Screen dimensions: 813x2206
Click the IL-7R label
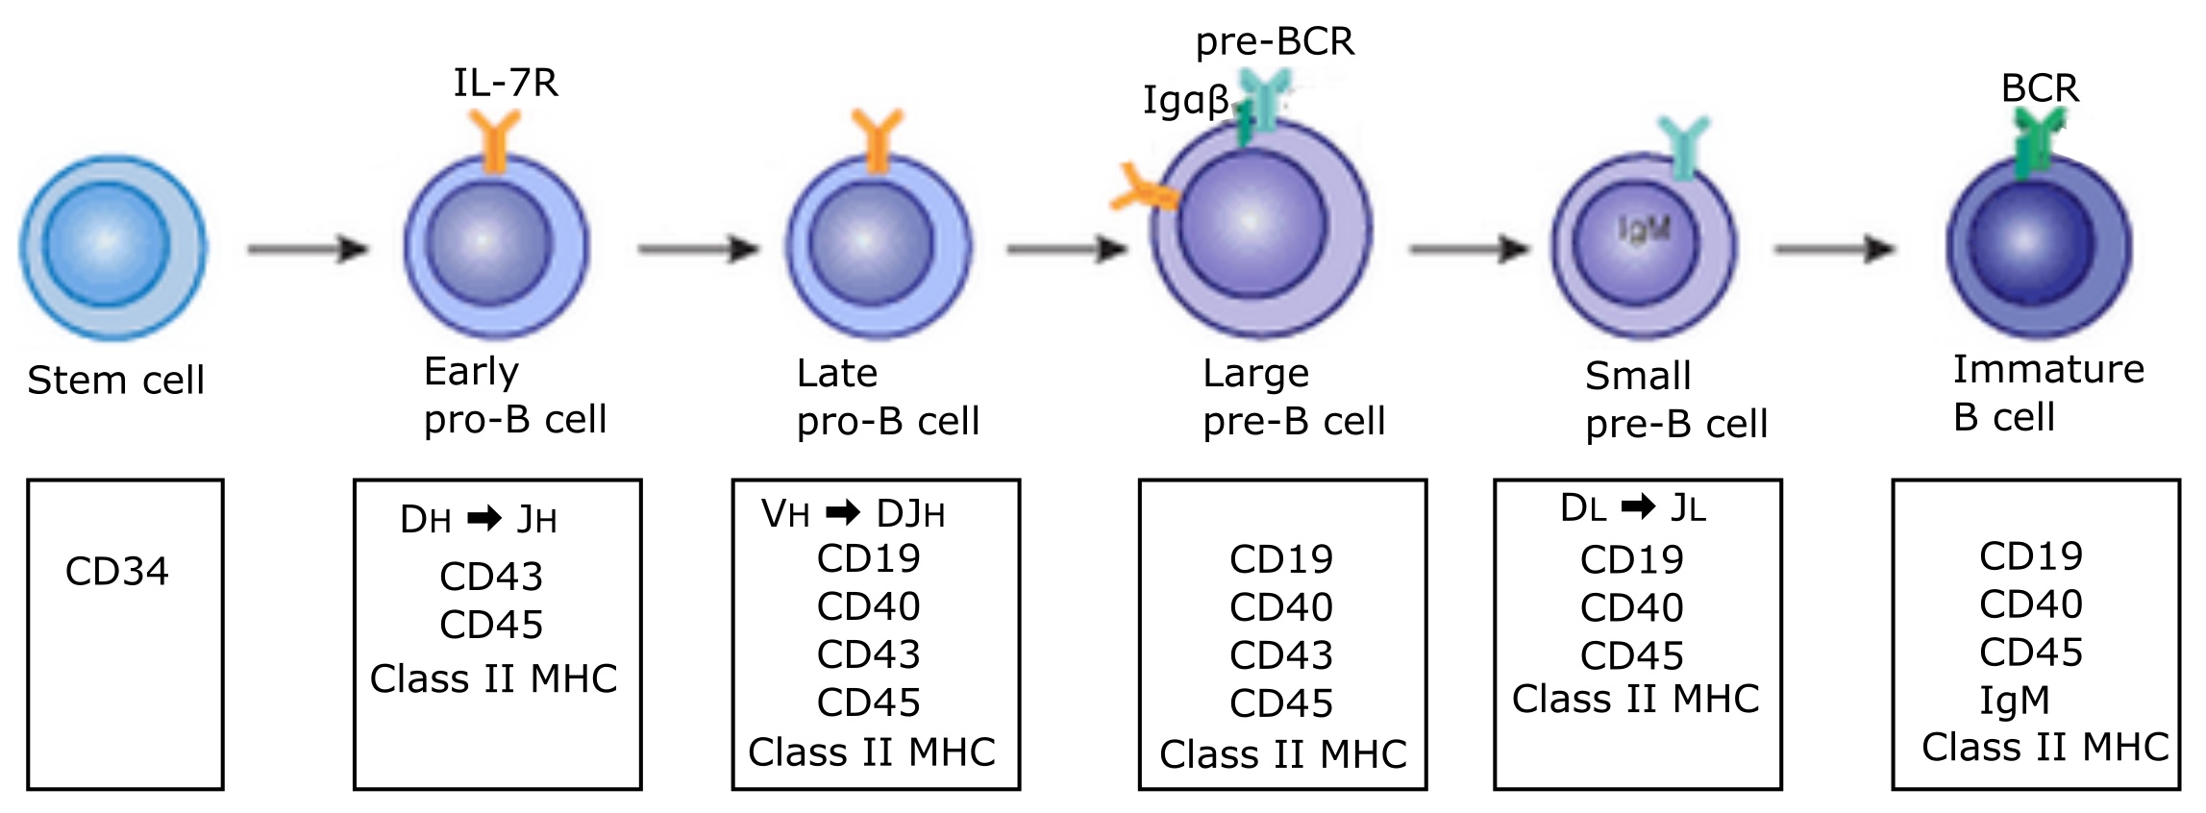coord(506,84)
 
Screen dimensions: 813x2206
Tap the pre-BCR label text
coord(1275,42)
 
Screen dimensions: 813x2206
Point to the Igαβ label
coord(1185,100)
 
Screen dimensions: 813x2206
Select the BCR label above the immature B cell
coord(2040,88)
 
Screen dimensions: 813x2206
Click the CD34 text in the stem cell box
coord(116,572)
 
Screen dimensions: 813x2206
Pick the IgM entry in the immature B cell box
coord(2014,701)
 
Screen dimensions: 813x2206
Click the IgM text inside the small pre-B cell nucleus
coord(1644,229)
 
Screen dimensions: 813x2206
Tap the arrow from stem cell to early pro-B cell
coord(308,250)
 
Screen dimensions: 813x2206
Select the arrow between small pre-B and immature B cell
coord(1834,250)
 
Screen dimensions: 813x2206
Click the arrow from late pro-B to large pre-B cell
coord(1067,250)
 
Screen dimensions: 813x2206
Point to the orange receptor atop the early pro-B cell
coord(495,140)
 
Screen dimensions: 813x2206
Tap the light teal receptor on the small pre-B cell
coord(1683,147)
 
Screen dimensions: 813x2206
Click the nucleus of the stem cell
coord(107,244)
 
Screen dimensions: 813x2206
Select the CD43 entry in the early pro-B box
coord(491,577)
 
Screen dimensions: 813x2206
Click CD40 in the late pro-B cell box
coord(868,606)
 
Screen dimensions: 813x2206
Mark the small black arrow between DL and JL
coord(1638,505)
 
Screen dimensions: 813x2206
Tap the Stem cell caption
coord(115,381)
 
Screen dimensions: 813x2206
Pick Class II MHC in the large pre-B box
coord(1282,754)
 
